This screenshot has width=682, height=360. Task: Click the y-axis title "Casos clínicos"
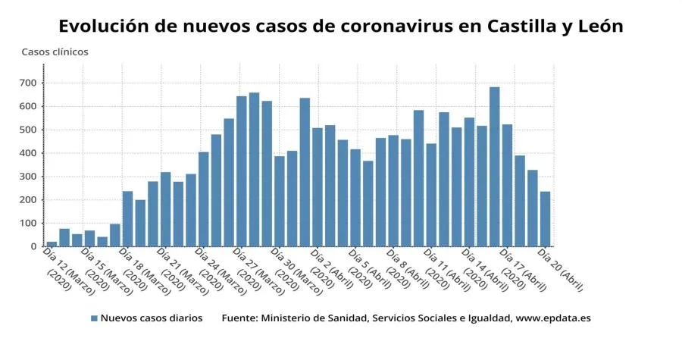click(x=55, y=52)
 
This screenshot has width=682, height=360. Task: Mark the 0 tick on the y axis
click(x=33, y=247)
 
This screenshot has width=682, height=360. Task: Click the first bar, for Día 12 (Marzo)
click(x=52, y=244)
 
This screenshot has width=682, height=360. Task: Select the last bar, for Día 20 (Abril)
click(x=545, y=219)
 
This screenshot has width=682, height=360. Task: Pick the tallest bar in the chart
click(x=494, y=167)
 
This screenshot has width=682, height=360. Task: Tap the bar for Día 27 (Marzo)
click(x=241, y=171)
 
